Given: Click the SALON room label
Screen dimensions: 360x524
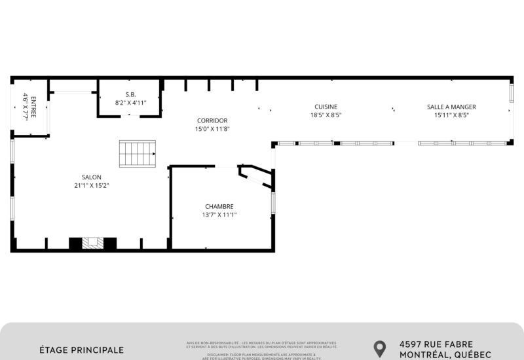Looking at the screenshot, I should tap(91, 177).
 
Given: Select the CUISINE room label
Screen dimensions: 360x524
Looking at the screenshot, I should tap(326, 107).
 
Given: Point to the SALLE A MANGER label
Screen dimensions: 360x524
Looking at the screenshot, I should tap(451, 107).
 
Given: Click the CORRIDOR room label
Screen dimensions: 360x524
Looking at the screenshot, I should tap(212, 120).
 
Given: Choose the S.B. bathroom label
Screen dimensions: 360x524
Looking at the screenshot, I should tap(131, 94).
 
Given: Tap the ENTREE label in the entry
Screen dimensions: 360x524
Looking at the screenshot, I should tap(33, 105).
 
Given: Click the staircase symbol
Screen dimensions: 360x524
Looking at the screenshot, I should tap(138, 153).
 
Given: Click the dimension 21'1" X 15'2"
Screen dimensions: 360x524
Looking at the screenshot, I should tap(91, 186).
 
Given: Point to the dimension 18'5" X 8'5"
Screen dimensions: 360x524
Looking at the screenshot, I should tap(326, 115).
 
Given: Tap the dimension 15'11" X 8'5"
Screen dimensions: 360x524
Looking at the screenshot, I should tap(451, 115).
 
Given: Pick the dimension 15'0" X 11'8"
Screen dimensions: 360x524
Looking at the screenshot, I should tap(212, 129).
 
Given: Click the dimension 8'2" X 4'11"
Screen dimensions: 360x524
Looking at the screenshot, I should tap(131, 103).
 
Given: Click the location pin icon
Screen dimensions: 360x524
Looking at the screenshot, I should tap(379, 348).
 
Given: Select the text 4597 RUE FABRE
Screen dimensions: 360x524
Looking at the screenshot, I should tap(436, 344).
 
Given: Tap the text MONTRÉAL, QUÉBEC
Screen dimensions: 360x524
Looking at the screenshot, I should tap(445, 355).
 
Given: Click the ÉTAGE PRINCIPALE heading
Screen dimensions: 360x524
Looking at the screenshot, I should tap(81, 350).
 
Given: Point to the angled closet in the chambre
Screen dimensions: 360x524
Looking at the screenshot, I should tap(256, 175).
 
